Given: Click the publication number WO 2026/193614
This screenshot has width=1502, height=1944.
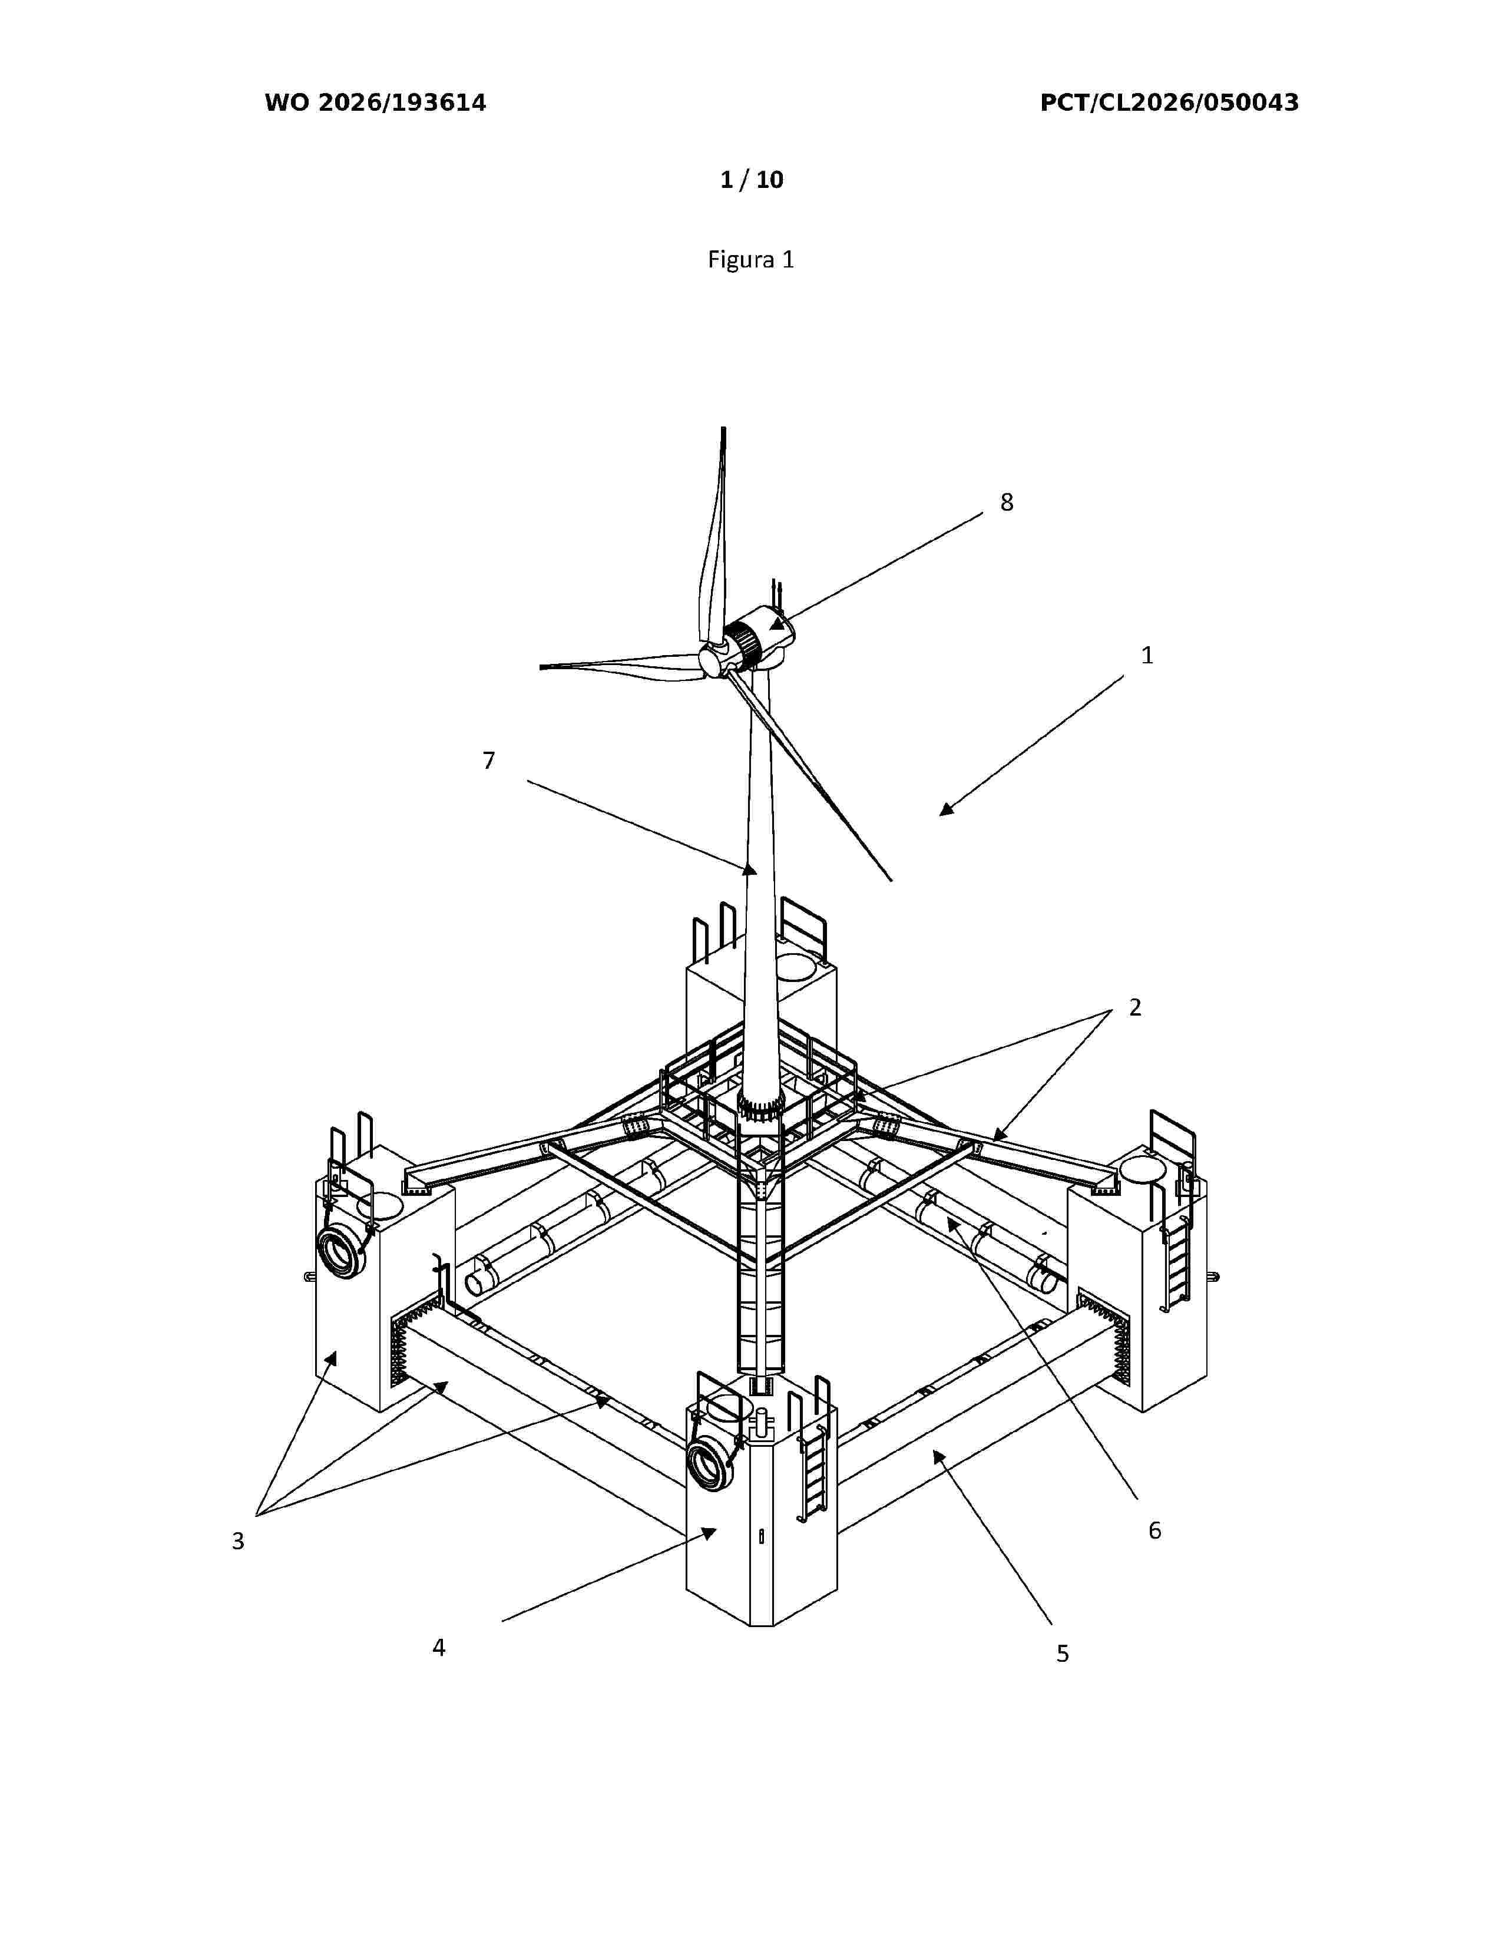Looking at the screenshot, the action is point(376,103).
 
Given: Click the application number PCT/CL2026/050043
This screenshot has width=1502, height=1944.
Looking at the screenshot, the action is point(1169,103).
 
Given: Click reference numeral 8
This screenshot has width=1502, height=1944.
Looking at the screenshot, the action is point(1007,503).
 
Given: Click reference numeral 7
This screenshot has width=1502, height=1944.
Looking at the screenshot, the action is point(488,760).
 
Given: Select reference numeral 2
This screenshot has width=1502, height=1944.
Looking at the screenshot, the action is point(1134,1007).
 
